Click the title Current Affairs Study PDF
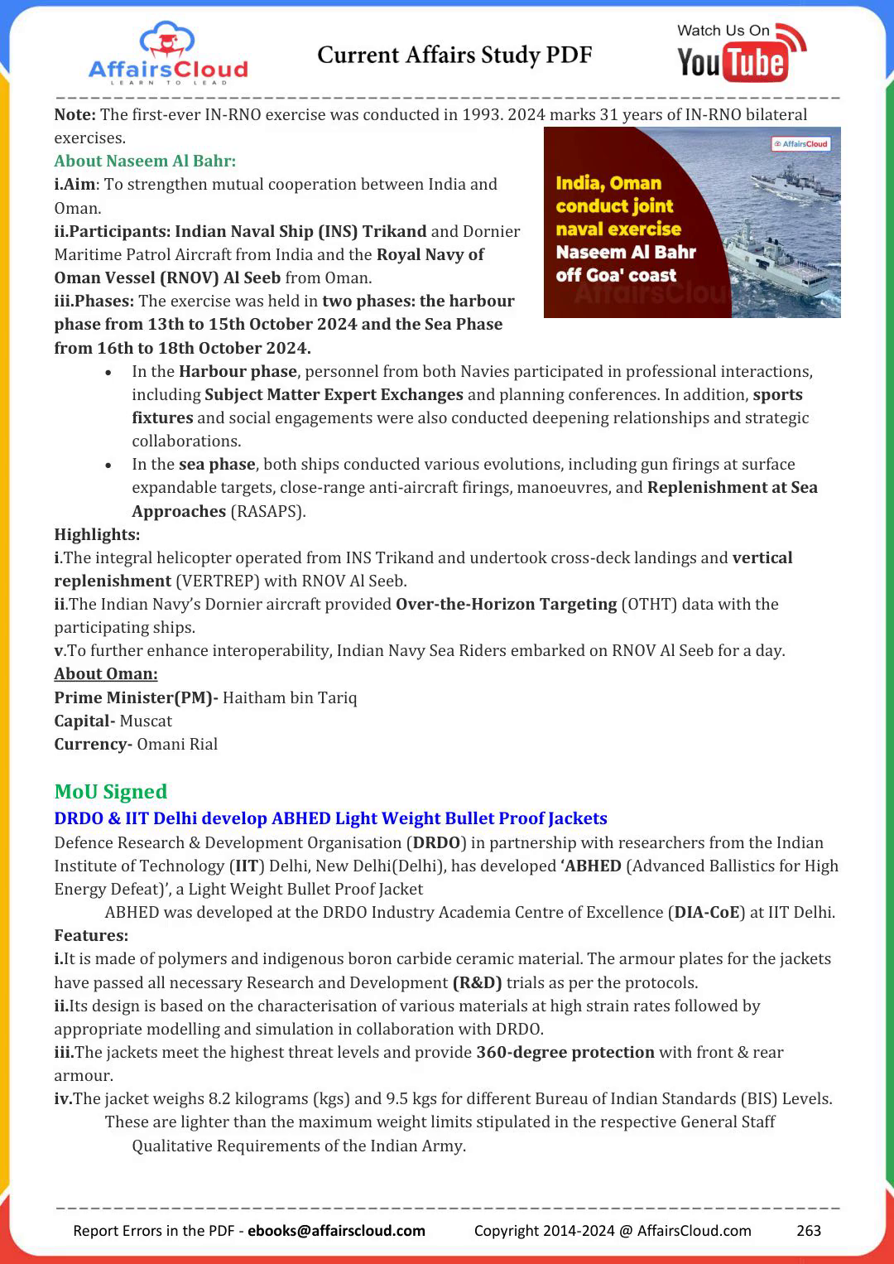coord(454,55)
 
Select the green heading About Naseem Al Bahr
coord(145,161)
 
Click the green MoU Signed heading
coord(111,792)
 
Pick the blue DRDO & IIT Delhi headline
coord(330,818)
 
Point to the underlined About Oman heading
coord(106,673)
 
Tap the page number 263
coord(808,1230)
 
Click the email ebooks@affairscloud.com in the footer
coord(336,1230)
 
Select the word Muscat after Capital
coord(146,721)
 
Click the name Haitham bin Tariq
coord(290,697)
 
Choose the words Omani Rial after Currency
coord(177,744)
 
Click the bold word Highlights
coord(97,534)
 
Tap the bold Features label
coord(91,935)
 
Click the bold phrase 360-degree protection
coord(565,1052)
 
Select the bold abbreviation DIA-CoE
coord(707,912)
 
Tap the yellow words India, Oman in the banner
coord(608,183)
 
